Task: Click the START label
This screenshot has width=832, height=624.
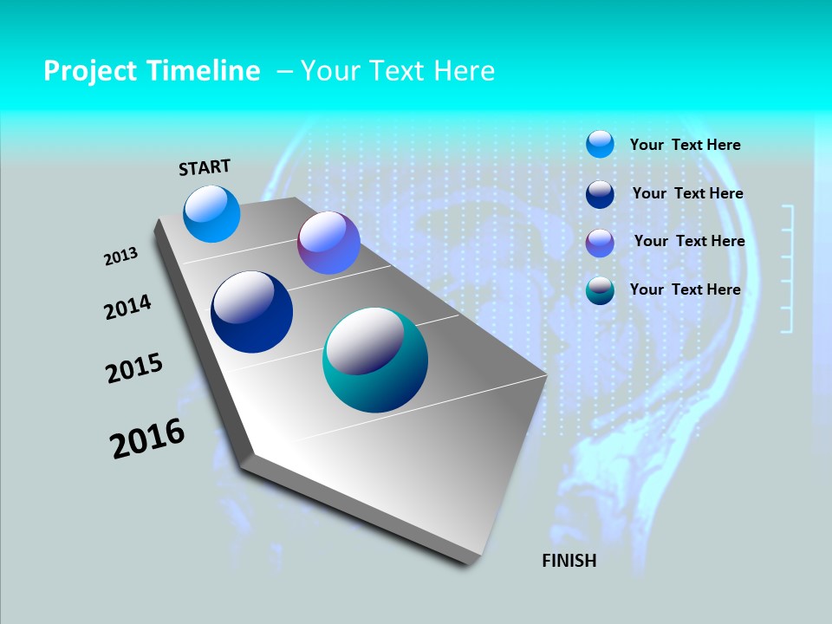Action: coord(205,167)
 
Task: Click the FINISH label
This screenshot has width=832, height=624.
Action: coord(569,561)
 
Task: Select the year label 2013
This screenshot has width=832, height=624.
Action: coord(121,257)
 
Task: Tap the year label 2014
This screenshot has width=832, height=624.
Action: coord(127,307)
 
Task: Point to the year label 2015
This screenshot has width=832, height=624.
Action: coord(134,368)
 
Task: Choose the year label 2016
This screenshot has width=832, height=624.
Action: coord(147,439)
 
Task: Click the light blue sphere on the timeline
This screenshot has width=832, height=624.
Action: coord(211,214)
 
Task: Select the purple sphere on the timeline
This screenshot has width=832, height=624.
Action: coord(328,243)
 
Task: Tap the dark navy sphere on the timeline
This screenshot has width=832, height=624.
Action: coord(252,312)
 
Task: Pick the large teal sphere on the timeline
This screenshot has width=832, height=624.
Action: coord(375,360)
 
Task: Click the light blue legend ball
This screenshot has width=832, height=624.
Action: coord(600,144)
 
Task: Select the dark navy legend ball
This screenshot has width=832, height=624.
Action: coord(600,194)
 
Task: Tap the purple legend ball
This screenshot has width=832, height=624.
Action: coord(600,243)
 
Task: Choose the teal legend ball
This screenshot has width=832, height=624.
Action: coord(600,291)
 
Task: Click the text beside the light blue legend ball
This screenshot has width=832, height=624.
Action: coord(685,146)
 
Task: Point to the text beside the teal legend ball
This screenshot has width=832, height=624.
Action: coord(685,289)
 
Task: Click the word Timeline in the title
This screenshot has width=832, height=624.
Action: coord(204,71)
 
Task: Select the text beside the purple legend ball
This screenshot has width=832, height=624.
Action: coord(689,241)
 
